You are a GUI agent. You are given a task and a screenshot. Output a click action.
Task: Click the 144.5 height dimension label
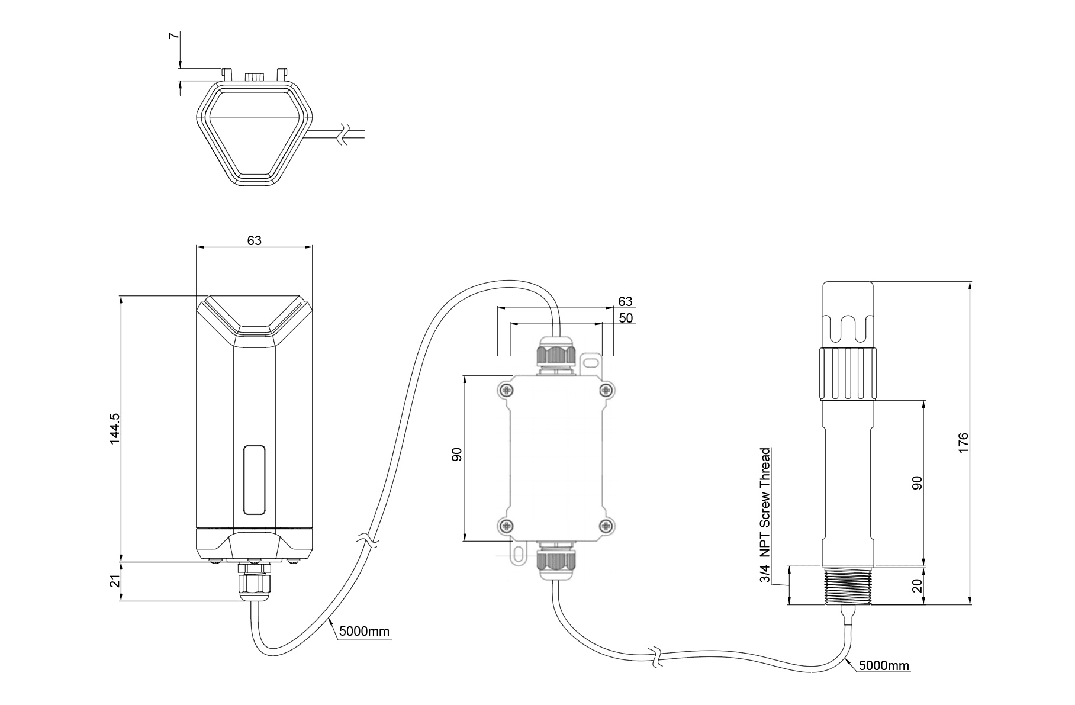[114, 428]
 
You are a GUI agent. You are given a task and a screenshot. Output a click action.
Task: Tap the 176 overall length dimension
[963, 443]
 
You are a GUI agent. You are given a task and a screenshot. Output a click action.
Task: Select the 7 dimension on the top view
[173, 36]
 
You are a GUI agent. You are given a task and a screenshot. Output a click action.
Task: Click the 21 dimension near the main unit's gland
[115, 581]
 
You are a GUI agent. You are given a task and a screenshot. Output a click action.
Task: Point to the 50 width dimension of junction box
[625, 318]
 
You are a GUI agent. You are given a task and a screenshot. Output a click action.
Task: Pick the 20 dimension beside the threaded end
[917, 586]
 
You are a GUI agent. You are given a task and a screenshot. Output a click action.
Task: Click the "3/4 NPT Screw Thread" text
[765, 514]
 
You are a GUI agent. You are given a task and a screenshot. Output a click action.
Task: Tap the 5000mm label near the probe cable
[883, 665]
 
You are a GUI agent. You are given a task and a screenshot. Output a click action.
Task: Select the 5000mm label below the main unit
[364, 631]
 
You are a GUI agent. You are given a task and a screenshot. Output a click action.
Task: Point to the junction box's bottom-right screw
[606, 525]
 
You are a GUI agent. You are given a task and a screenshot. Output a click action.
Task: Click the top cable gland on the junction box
[555, 354]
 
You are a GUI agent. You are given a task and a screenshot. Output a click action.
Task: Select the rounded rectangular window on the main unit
[254, 479]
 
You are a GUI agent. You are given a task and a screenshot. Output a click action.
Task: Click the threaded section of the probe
[848, 586]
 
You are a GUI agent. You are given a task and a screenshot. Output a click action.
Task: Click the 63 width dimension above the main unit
[254, 240]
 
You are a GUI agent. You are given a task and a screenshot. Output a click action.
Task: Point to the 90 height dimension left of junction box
[456, 455]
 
